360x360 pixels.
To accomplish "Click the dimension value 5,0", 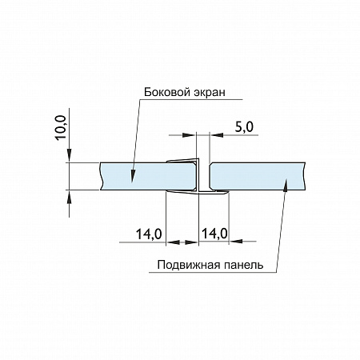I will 244,126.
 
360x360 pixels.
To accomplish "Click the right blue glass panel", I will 256,176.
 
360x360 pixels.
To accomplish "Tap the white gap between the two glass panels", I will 205,176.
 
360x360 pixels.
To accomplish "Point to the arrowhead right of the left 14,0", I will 192,240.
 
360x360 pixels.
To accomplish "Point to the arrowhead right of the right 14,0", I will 234,240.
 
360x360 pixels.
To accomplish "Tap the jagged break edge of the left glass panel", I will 101,176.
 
